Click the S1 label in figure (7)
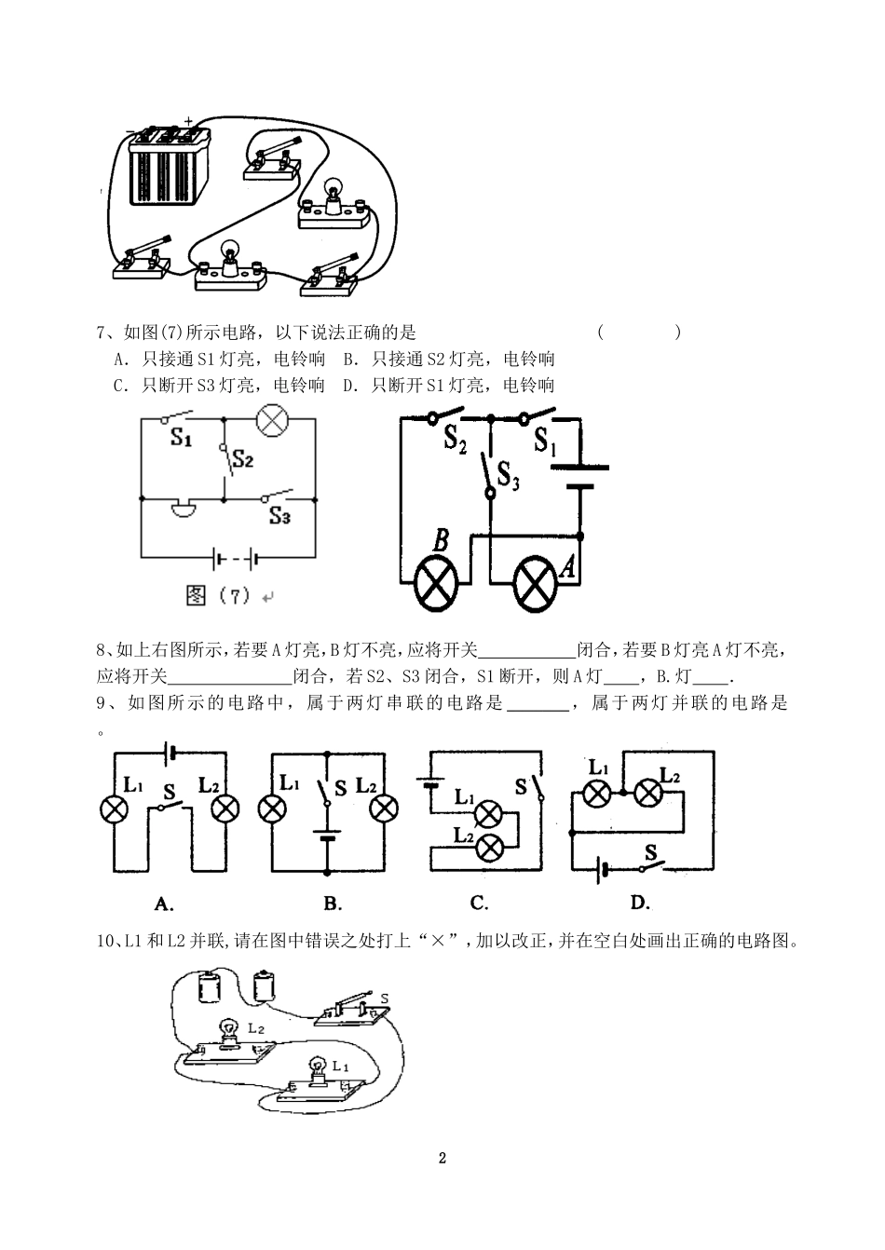click(x=181, y=438)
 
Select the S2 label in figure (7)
click(x=243, y=458)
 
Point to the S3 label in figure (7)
click(x=279, y=515)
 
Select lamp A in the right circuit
click(x=537, y=584)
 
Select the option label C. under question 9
click(x=480, y=903)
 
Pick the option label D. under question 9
click(x=639, y=903)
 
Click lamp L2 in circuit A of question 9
click(x=225, y=808)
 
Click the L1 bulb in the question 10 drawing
click(x=317, y=1067)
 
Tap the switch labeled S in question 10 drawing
click(x=349, y=1011)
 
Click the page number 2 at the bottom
click(x=442, y=1159)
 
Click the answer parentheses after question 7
click(x=639, y=333)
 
